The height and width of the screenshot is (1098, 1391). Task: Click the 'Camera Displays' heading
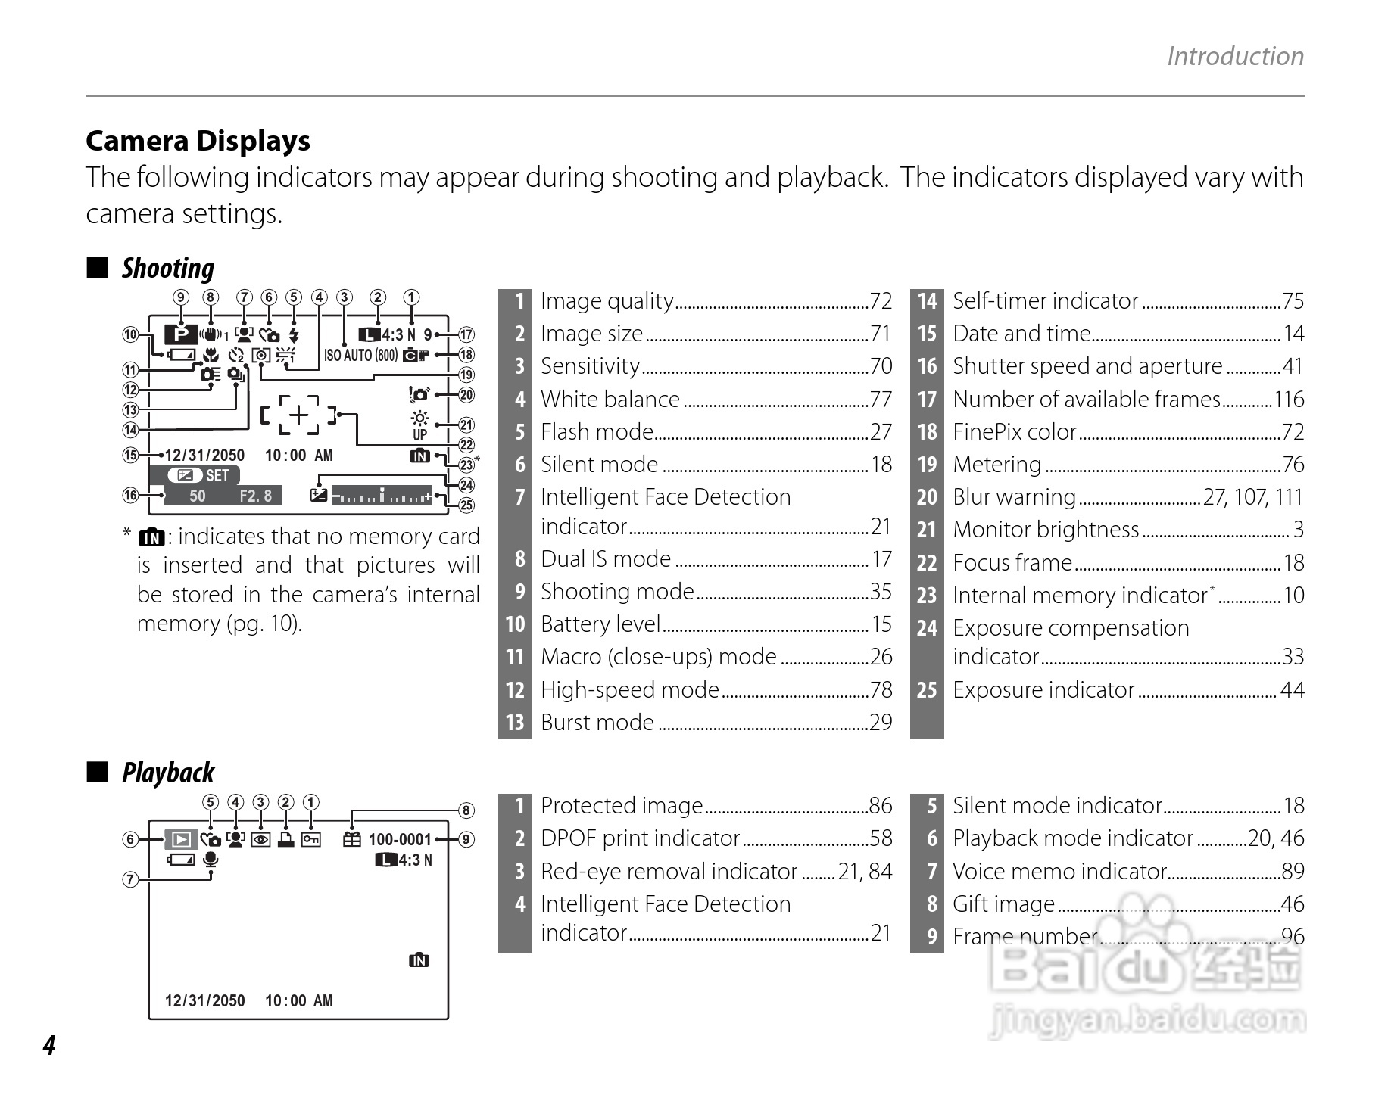tap(198, 142)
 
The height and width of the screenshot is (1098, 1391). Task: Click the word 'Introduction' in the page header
tap(1234, 57)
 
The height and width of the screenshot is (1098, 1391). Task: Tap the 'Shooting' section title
tap(167, 269)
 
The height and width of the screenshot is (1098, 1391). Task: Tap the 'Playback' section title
tap(167, 773)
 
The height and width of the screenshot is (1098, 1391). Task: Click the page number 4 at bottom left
tap(49, 1045)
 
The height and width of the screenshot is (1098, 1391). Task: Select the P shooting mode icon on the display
tap(181, 334)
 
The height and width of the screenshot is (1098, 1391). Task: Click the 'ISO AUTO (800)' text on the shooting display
tap(360, 355)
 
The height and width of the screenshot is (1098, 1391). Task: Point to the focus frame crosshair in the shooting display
tap(300, 415)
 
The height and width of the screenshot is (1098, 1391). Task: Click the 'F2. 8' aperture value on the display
tap(255, 496)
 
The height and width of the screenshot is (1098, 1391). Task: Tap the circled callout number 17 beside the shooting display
tap(466, 334)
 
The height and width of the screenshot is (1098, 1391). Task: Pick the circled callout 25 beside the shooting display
tap(466, 505)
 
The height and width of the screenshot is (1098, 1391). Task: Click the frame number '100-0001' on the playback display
tap(399, 840)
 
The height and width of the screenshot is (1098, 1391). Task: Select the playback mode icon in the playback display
tap(181, 839)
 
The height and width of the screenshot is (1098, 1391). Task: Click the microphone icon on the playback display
tap(211, 860)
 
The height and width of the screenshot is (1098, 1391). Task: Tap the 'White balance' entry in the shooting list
tap(610, 400)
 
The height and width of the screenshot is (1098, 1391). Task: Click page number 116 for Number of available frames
tap(1288, 400)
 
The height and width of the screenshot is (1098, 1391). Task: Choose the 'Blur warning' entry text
tap(1014, 497)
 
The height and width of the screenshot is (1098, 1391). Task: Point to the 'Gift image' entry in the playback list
tap(1003, 904)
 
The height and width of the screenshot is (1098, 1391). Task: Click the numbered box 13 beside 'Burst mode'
tap(515, 723)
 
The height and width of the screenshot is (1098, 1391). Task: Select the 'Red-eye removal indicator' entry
tap(669, 872)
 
